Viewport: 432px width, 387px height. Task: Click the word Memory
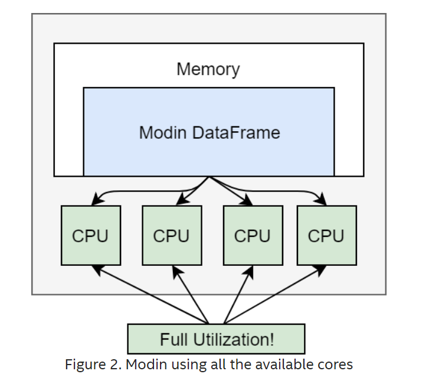(x=208, y=69)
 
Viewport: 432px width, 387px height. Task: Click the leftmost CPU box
(x=90, y=235)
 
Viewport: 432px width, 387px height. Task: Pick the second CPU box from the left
(x=171, y=235)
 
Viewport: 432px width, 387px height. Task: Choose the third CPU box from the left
(x=252, y=235)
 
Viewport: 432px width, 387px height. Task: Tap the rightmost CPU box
(x=326, y=235)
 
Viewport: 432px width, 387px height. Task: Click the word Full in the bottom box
(x=174, y=340)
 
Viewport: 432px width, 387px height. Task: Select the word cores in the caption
(x=335, y=364)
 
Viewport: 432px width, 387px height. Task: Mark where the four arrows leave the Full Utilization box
(x=208, y=323)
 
